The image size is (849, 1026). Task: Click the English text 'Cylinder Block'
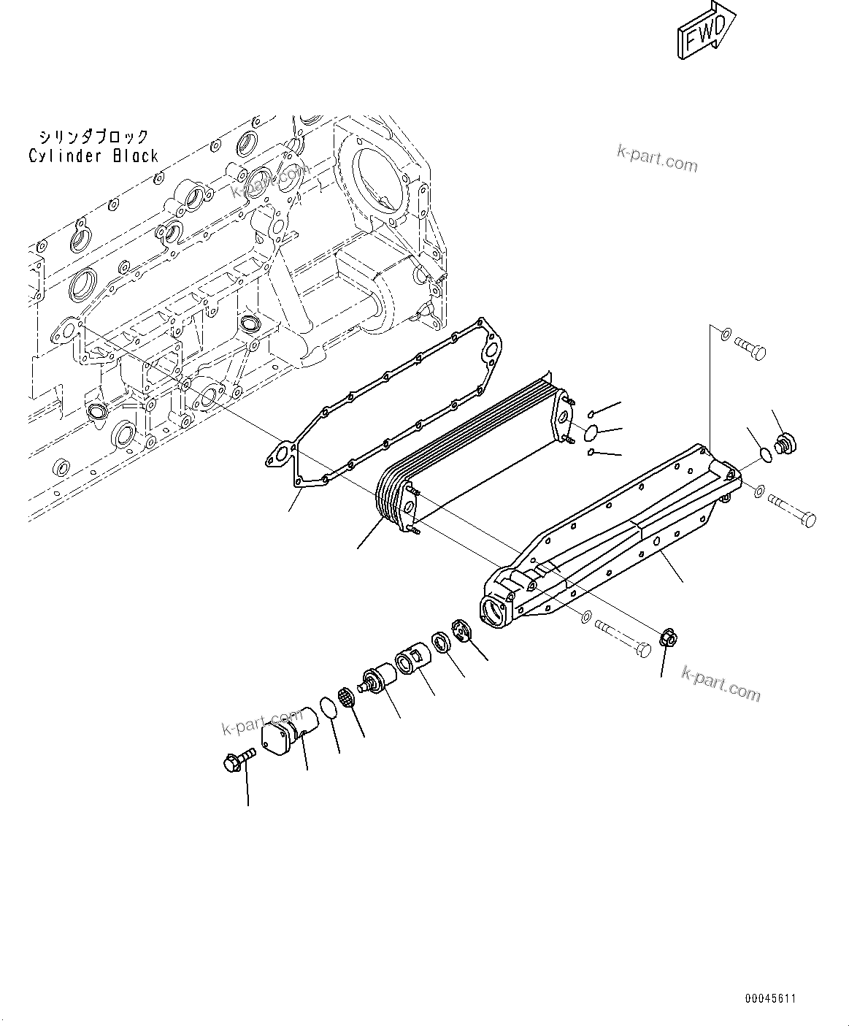[93, 156]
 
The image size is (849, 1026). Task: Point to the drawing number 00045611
[770, 998]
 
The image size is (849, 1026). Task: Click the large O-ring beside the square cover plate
[329, 708]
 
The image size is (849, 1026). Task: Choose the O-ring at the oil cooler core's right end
[593, 433]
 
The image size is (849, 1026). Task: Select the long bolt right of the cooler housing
[792, 510]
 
